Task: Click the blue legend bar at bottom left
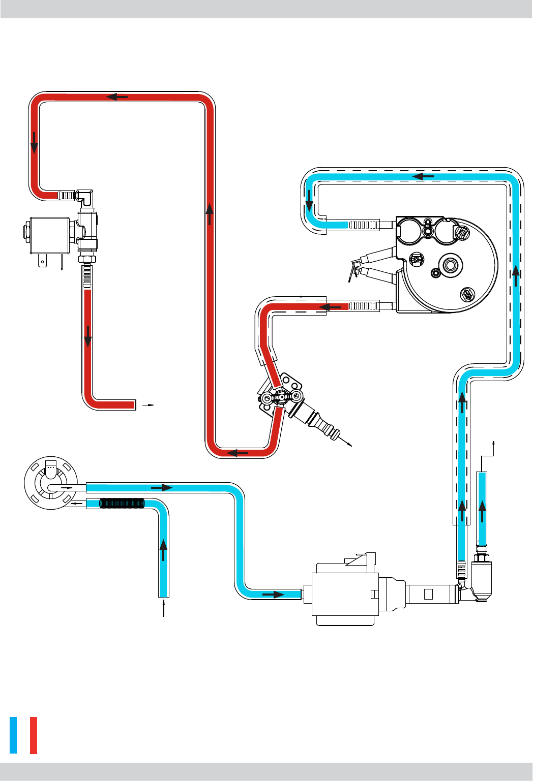point(13,735)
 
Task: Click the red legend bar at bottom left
point(34,735)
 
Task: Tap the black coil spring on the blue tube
point(122,504)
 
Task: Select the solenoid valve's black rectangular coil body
point(50,235)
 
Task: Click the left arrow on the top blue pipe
point(423,177)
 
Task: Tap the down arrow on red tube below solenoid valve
point(88,336)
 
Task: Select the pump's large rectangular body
point(346,593)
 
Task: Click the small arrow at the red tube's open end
point(148,405)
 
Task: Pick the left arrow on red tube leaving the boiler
point(330,307)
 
